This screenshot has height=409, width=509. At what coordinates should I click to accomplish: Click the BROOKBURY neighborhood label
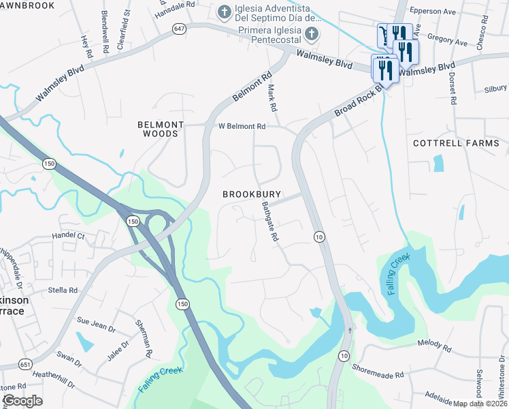251,194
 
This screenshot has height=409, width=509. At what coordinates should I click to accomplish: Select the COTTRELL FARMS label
456,143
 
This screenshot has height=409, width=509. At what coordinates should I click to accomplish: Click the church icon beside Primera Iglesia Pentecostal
311,33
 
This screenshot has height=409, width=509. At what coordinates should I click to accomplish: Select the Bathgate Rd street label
270,222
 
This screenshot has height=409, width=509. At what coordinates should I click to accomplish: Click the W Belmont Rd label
242,126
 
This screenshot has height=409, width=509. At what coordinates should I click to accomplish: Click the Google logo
22,400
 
